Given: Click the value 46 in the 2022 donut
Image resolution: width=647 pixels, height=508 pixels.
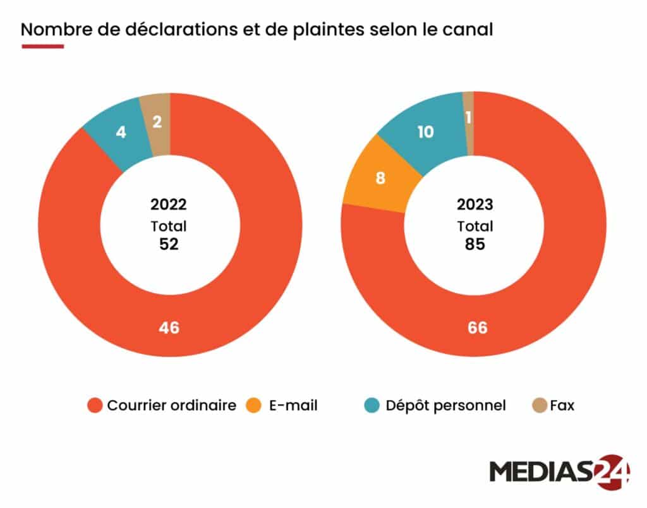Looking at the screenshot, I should pyautogui.click(x=169, y=328).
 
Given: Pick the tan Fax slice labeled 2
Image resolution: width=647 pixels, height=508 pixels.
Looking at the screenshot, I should pyautogui.click(x=157, y=121).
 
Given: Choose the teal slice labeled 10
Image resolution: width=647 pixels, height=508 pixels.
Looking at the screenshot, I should pyautogui.click(x=426, y=131).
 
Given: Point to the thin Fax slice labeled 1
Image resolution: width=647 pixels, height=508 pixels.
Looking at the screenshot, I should pyautogui.click(x=468, y=118).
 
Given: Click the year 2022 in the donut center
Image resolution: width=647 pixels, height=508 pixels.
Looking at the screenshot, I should pyautogui.click(x=169, y=205).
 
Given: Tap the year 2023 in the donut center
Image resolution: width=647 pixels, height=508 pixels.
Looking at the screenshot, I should pyautogui.click(x=475, y=205).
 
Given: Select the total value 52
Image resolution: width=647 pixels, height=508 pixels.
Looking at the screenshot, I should pyautogui.click(x=169, y=244).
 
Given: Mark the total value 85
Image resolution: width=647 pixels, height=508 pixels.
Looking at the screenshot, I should pyautogui.click(x=475, y=244).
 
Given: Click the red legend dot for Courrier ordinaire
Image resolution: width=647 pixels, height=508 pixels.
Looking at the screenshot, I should pyautogui.click(x=95, y=406).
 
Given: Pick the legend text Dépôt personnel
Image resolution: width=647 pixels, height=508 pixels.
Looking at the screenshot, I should pyautogui.click(x=445, y=406).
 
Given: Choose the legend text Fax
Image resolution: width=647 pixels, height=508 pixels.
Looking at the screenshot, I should pyautogui.click(x=562, y=406).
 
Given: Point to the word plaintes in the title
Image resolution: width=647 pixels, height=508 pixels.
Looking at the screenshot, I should pyautogui.click(x=324, y=30).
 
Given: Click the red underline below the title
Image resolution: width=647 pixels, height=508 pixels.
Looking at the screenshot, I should pyautogui.click(x=42, y=46).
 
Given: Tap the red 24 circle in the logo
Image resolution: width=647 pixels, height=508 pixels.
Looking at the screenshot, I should pyautogui.click(x=610, y=471).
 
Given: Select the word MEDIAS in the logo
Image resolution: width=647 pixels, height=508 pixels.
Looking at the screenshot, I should pyautogui.click(x=540, y=473).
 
